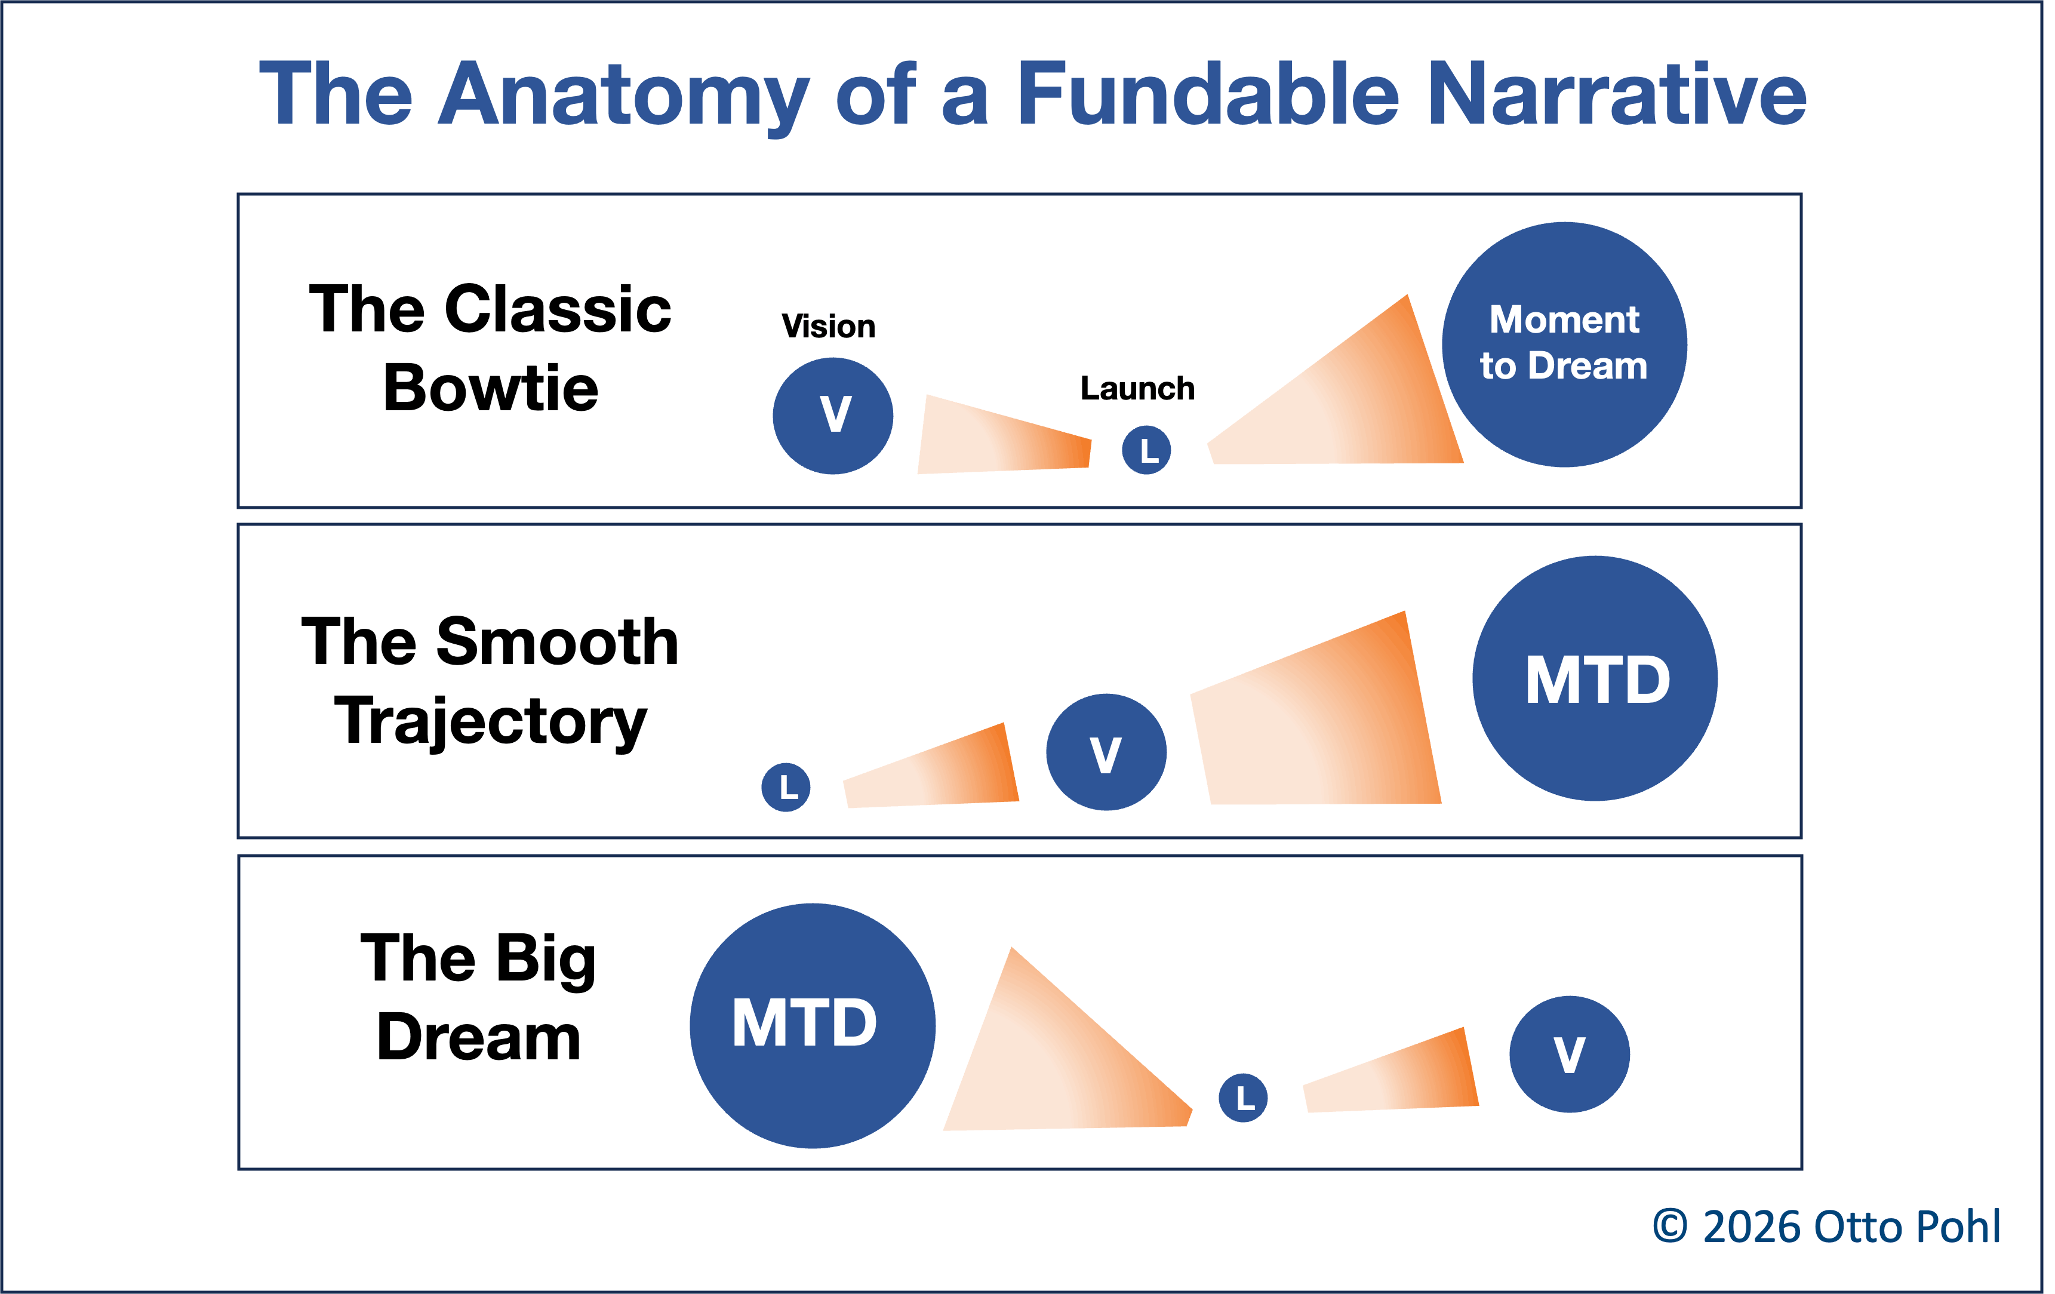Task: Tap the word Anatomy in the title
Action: [622, 96]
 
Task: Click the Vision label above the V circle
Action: [828, 326]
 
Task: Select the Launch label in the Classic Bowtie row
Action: [1137, 388]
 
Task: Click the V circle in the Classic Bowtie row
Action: [833, 416]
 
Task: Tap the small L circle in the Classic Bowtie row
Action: [1146, 450]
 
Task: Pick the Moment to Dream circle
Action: [1564, 344]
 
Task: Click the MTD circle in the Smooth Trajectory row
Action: [1595, 678]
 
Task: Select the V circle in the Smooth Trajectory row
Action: [1106, 752]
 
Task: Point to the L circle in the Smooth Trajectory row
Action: [786, 787]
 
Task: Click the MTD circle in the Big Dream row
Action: [813, 1025]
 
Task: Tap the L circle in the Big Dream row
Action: [1242, 1098]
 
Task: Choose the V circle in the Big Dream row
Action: [1570, 1054]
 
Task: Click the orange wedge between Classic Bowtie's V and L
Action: [1007, 439]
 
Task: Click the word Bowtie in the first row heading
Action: [491, 388]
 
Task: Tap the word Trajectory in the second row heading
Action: [491, 721]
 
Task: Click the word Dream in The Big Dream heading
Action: [479, 1038]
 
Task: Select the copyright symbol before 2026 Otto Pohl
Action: [1670, 1226]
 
